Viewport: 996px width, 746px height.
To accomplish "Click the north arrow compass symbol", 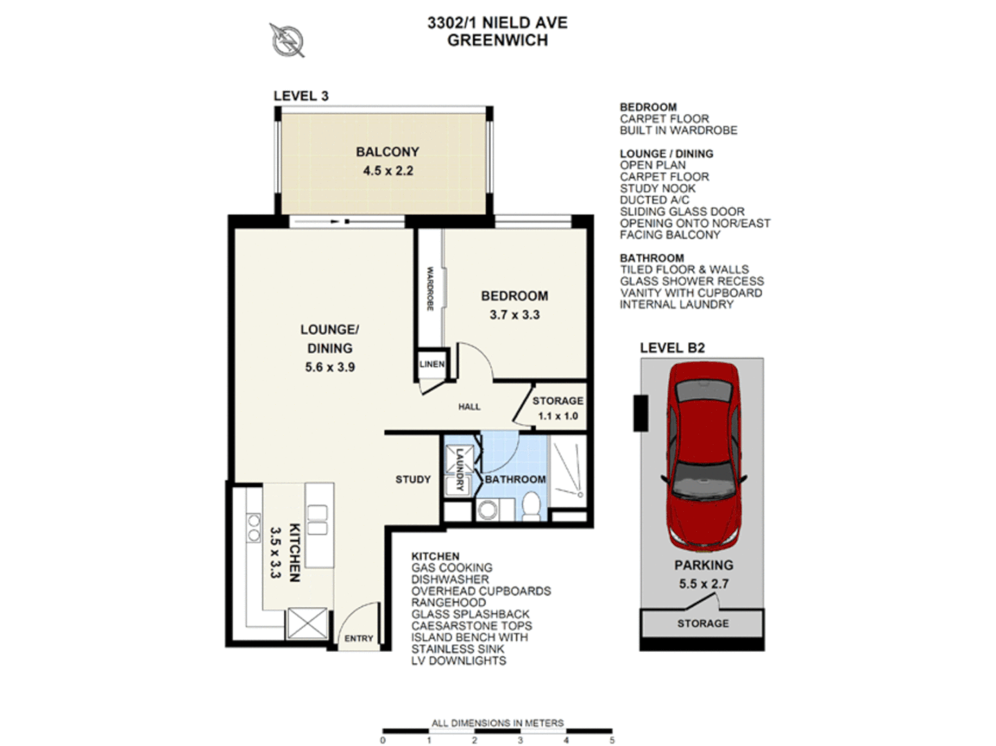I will coord(287,39).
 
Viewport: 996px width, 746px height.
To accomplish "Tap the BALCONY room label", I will coord(387,152).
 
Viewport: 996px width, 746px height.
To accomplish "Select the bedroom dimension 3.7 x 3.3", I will coord(515,315).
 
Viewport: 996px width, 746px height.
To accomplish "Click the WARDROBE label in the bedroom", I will coord(430,289).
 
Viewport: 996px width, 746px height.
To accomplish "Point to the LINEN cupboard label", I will coord(432,364).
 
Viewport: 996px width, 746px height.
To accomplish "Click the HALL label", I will coord(469,407).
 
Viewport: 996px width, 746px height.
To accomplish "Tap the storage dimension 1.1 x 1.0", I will coord(557,417).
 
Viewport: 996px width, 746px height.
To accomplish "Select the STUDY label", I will coord(413,479).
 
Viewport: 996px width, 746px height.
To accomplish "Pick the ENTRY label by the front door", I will coord(358,639).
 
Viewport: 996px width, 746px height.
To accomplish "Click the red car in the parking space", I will coord(704,456).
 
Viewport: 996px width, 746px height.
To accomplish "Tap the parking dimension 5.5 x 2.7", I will coord(704,584).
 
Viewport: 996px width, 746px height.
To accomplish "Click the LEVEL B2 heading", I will coord(672,348).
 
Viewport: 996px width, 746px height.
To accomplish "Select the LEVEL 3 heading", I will coord(301,96).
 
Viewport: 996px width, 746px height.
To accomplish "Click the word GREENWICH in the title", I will coord(497,41).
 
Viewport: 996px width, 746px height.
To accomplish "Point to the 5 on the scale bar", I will coord(612,740).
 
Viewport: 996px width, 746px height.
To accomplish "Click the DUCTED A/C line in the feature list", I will coord(654,200).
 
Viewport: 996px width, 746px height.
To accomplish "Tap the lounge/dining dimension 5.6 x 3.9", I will coord(330,367).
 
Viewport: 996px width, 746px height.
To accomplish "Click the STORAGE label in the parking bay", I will coord(702,624).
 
